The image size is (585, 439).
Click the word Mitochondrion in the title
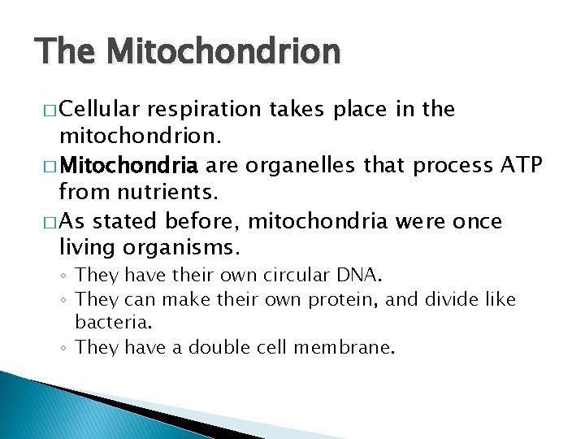(x=223, y=52)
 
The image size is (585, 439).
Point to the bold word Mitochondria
(x=129, y=167)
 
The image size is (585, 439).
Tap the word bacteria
(x=108, y=324)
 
